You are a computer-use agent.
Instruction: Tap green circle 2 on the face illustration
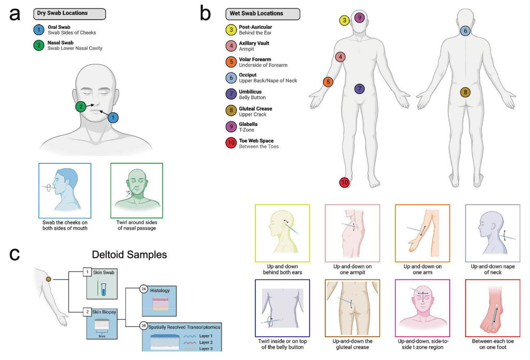(81, 107)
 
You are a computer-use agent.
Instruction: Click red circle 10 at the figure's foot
(345, 183)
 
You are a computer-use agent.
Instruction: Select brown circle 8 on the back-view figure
(465, 93)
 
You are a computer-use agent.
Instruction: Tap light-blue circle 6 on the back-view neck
(465, 31)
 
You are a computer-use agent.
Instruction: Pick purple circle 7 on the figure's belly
(360, 89)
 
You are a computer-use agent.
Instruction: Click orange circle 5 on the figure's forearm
(328, 82)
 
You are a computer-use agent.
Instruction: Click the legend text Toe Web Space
(256, 140)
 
